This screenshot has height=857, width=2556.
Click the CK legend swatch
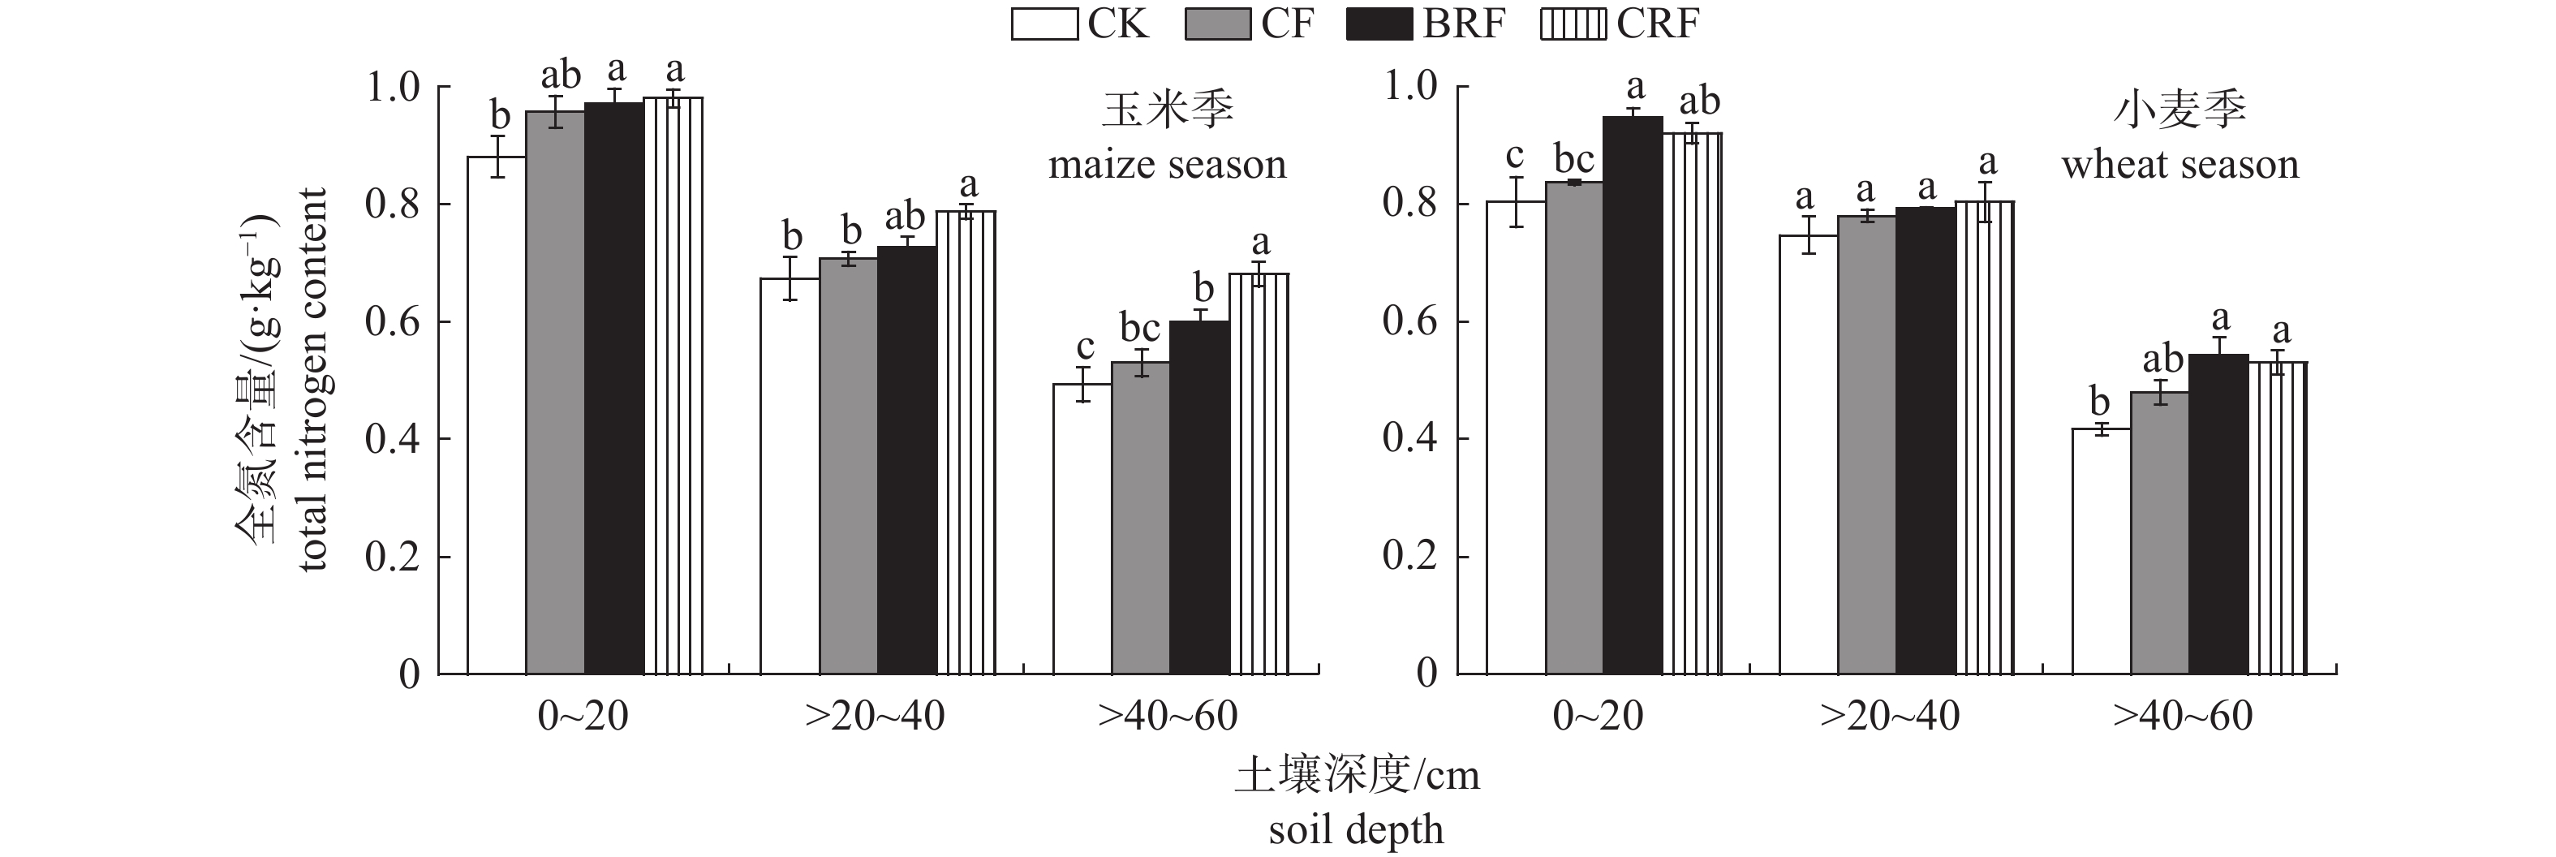pyautogui.click(x=1043, y=24)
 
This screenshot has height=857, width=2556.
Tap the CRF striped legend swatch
pyautogui.click(x=1573, y=24)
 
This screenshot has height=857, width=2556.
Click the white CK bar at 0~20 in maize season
pyautogui.click(x=496, y=416)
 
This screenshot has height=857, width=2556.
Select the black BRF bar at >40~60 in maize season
pyautogui.click(x=1198, y=496)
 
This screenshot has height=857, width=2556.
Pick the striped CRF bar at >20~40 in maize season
pyautogui.click(x=966, y=441)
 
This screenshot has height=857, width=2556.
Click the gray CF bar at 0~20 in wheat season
pyautogui.click(x=1573, y=427)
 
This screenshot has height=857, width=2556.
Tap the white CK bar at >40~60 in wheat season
pyautogui.click(x=2101, y=550)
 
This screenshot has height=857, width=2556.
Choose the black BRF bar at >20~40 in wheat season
pyautogui.click(x=1925, y=441)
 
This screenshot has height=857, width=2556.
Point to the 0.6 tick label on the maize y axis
pyautogui.click(x=393, y=322)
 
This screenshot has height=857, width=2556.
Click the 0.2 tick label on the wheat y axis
pyautogui.click(x=1410, y=558)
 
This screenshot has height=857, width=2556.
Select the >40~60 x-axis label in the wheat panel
pyautogui.click(x=2183, y=716)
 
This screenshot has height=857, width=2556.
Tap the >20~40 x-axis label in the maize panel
pyautogui.click(x=876, y=716)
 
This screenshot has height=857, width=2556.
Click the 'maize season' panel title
pyautogui.click(x=1167, y=165)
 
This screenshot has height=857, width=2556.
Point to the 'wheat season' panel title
pyautogui.click(x=2180, y=165)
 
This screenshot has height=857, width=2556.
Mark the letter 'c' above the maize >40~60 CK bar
pyautogui.click(x=1085, y=347)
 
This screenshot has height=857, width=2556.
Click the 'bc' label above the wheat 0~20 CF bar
pyautogui.click(x=1573, y=160)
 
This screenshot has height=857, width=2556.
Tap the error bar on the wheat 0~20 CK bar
pyautogui.click(x=1515, y=202)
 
